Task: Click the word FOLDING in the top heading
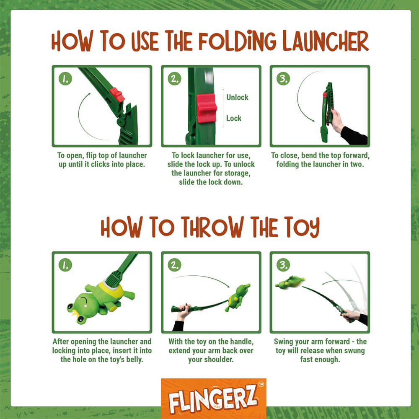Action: tap(237, 41)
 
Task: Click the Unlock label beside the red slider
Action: tap(237, 97)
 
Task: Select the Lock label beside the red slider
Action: tap(234, 118)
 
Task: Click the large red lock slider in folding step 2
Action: tap(206, 108)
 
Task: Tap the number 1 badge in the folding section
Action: tap(65, 79)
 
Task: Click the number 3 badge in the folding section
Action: tap(283, 79)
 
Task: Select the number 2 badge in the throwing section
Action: tap(174, 265)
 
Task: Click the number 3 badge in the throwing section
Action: tap(283, 265)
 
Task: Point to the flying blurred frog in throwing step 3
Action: tap(290, 282)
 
